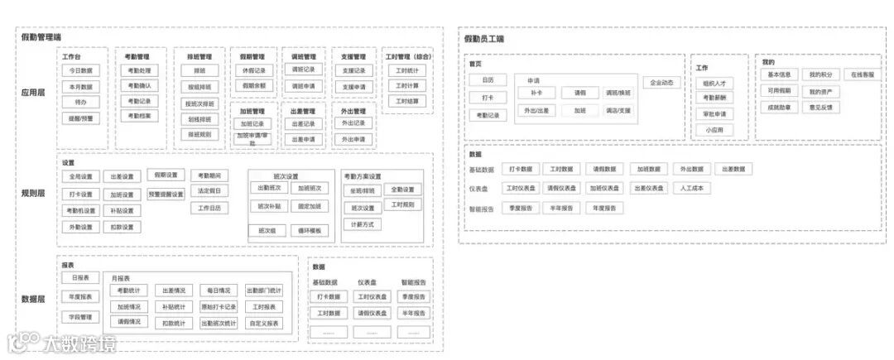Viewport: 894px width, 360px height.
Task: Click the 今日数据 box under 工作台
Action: [x=81, y=71]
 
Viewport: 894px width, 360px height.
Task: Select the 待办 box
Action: [x=81, y=102]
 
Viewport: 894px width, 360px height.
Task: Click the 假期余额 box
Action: [x=254, y=85]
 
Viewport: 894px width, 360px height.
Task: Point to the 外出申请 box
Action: [x=353, y=139]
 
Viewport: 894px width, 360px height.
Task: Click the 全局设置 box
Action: [x=81, y=176]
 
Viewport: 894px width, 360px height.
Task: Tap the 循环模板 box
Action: [x=312, y=230]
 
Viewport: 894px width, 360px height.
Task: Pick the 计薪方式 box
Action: [x=363, y=224]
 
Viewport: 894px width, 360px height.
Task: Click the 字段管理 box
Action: [x=80, y=316]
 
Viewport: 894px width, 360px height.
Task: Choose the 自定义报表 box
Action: [x=264, y=323]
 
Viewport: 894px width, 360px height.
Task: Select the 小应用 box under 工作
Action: [x=714, y=129]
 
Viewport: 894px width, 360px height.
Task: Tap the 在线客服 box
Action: [x=863, y=74]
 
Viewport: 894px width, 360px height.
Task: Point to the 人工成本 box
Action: [x=691, y=188]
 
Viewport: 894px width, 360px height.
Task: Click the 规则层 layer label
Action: [x=33, y=193]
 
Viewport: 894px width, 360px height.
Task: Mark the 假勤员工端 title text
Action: [x=484, y=39]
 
